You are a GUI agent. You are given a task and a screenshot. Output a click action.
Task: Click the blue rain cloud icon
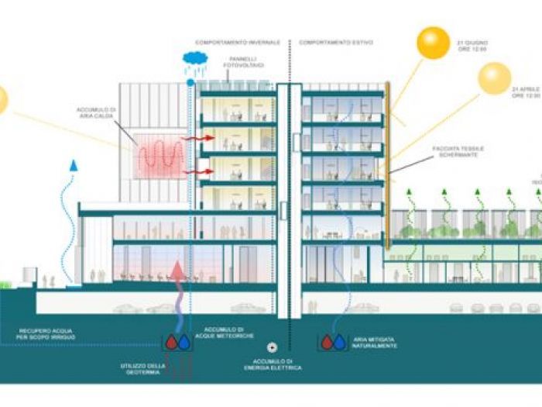(x=194, y=58)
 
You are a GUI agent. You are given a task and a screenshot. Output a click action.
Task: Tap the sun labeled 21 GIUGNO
(x=433, y=43)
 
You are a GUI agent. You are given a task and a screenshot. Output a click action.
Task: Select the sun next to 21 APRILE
(x=494, y=78)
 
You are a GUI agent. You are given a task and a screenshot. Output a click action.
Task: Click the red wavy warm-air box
(x=161, y=156)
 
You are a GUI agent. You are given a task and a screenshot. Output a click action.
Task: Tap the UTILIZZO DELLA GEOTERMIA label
(x=145, y=367)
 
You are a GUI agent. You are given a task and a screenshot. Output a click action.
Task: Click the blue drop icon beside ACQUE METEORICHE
(x=183, y=341)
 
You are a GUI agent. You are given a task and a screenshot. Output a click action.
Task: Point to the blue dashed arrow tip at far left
(x=74, y=165)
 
